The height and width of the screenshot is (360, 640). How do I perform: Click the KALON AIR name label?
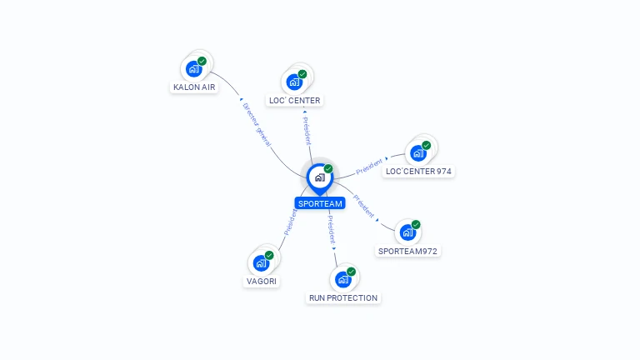194,87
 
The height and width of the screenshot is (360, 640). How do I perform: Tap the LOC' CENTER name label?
294,101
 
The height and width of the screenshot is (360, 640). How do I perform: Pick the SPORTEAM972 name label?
407,251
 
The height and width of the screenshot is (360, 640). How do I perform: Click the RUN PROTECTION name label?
343,297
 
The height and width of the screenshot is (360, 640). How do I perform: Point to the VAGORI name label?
261,282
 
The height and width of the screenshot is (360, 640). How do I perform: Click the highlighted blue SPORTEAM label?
319,203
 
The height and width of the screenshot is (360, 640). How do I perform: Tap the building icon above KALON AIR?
194,68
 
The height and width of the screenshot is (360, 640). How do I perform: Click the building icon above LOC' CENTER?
294,82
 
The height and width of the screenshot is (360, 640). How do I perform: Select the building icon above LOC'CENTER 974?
418,152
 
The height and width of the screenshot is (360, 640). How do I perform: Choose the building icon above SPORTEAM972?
407,232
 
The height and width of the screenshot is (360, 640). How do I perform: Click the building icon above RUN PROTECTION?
342,279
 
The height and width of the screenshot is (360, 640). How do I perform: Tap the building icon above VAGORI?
261,263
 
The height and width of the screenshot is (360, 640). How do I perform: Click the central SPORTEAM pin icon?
319,177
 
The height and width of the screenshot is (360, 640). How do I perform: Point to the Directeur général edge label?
256,125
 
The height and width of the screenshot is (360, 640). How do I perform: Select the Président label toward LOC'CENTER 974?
369,166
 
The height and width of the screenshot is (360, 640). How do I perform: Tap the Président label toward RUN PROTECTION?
331,232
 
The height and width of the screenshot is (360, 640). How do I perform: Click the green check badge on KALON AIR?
202,61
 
